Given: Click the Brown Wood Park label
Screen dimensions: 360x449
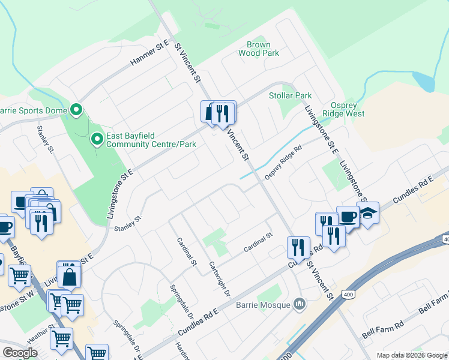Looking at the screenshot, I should coord(258,49).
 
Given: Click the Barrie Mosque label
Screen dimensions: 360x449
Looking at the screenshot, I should coord(267,306).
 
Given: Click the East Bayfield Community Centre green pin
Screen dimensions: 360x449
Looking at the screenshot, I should coord(97,140).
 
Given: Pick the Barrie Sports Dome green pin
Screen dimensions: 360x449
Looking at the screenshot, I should coord(76,110).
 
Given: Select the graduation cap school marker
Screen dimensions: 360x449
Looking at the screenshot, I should coord(367,213).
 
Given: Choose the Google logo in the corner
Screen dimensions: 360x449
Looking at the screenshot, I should coord(20,353).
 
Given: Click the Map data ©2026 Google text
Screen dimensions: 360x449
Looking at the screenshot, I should coord(412,355).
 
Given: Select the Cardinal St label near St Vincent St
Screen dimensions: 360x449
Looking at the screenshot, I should coord(258,242).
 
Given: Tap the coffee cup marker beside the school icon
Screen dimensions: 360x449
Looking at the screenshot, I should coord(348,217).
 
